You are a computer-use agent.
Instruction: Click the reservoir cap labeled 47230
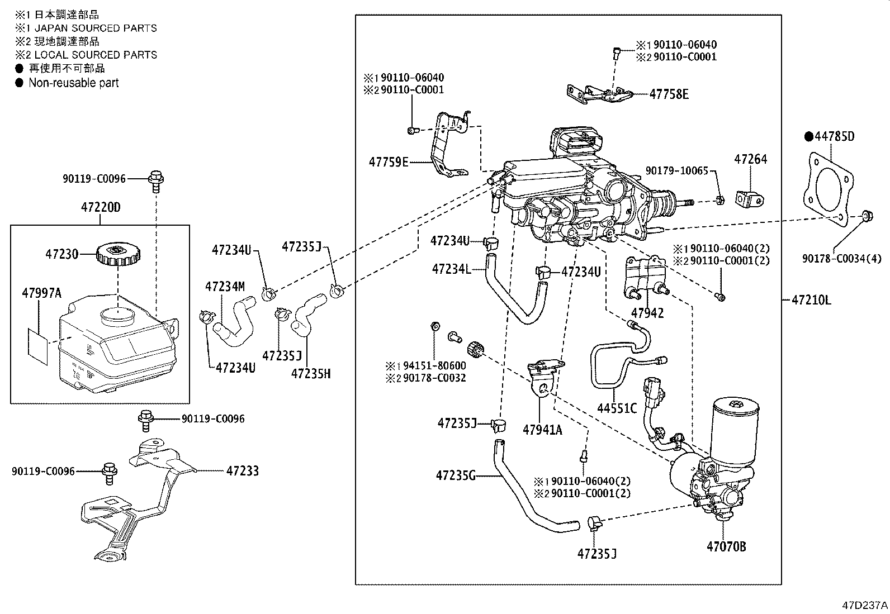click(118, 254)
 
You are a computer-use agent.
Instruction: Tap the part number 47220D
click(101, 207)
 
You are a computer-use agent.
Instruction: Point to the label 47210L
click(811, 300)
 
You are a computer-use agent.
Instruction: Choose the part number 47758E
click(669, 94)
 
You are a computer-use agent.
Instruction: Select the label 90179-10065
click(676, 171)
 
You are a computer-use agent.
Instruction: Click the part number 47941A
click(542, 430)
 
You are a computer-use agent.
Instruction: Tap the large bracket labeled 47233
click(139, 501)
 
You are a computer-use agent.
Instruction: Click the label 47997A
click(42, 293)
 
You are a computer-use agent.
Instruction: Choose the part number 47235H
click(311, 374)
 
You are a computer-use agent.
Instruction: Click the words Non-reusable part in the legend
click(73, 83)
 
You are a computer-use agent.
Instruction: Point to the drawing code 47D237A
click(865, 605)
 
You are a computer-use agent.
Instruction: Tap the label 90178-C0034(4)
click(841, 259)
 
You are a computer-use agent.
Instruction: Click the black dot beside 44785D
click(808, 137)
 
